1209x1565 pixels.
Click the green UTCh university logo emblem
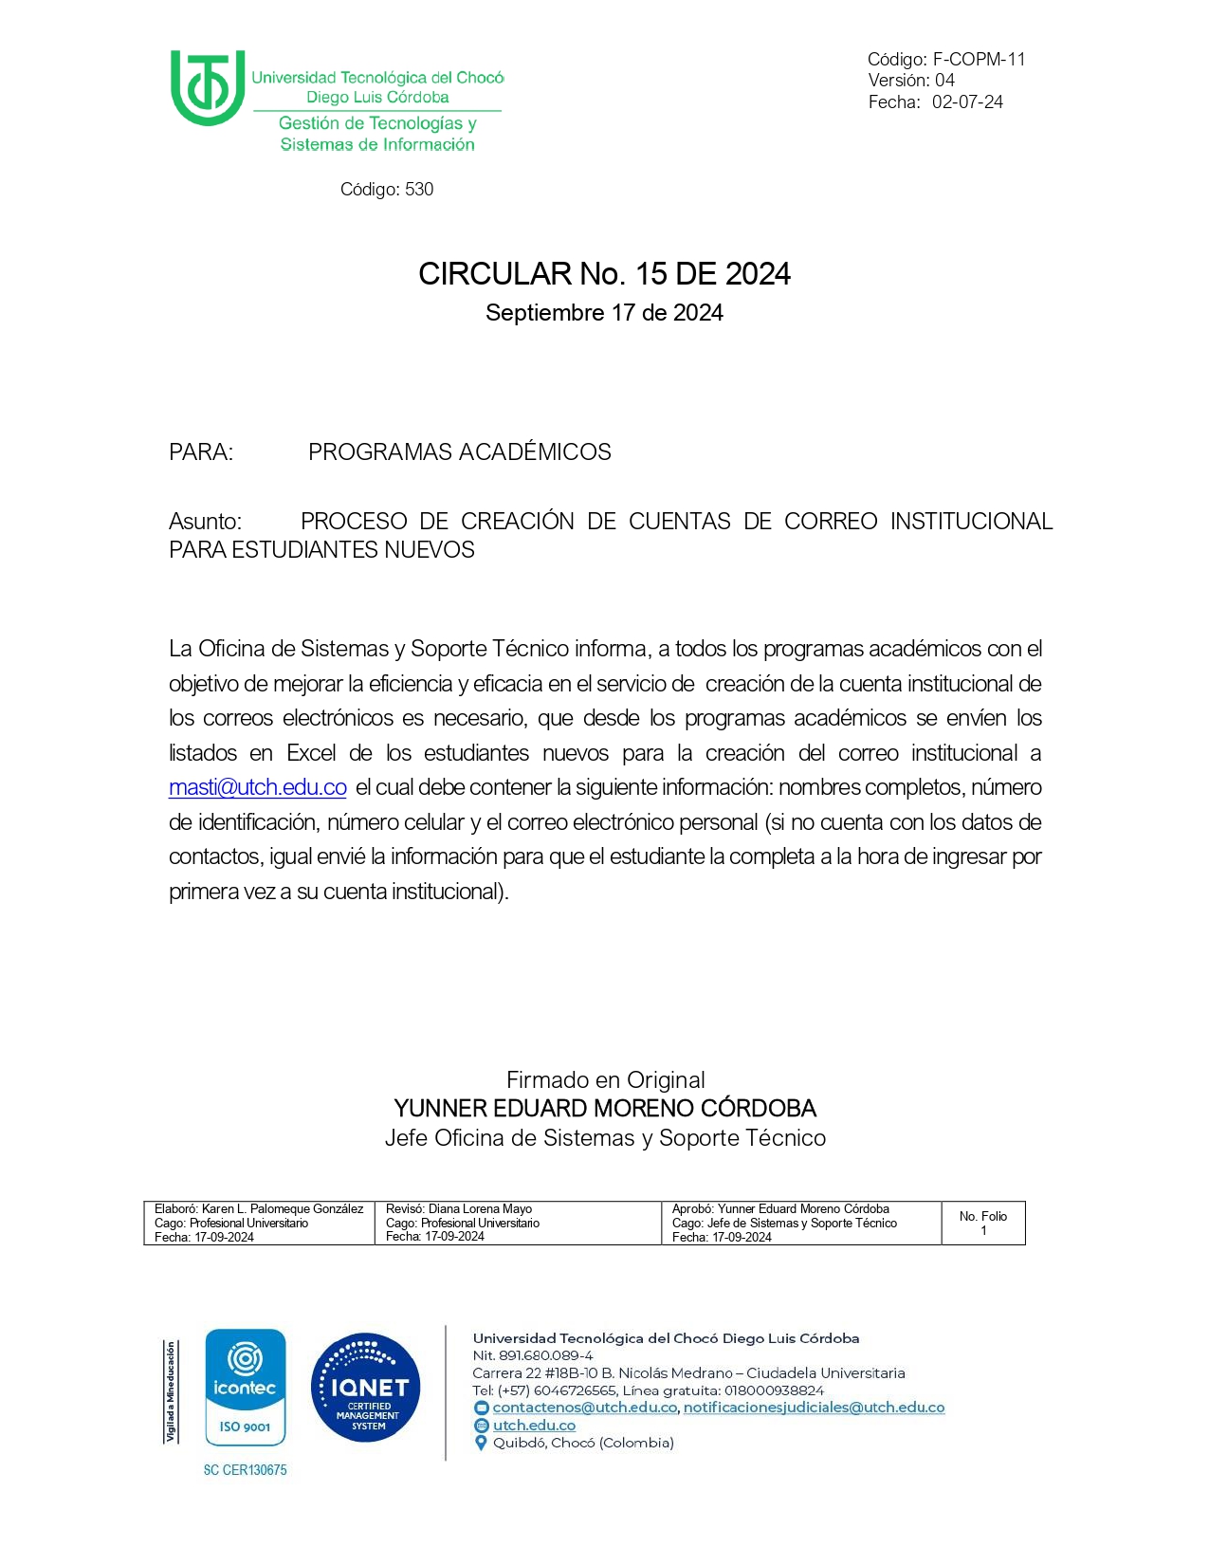click(x=208, y=87)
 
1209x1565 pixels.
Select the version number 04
click(x=944, y=81)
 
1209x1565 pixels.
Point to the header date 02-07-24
click(x=967, y=102)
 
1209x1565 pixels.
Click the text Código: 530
click(x=387, y=190)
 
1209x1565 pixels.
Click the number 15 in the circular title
click(x=650, y=274)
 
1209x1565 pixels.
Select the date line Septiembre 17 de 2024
click(x=604, y=313)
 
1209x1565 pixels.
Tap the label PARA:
click(x=201, y=452)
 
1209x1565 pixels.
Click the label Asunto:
click(x=205, y=522)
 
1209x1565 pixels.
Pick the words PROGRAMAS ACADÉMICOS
click(x=460, y=452)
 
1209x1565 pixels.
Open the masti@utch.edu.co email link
click(x=258, y=787)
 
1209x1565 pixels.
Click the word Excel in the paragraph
click(x=311, y=753)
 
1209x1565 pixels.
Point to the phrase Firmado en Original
click(x=605, y=1080)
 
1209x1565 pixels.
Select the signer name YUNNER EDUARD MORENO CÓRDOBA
click(x=605, y=1109)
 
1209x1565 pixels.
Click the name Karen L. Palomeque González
click(x=283, y=1209)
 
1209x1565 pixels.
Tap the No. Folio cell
click(x=983, y=1223)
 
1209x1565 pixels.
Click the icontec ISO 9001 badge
click(x=246, y=1387)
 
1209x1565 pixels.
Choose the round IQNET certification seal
click(x=366, y=1388)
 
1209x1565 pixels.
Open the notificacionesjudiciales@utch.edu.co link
click(x=814, y=1408)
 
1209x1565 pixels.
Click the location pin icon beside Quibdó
click(x=481, y=1444)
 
